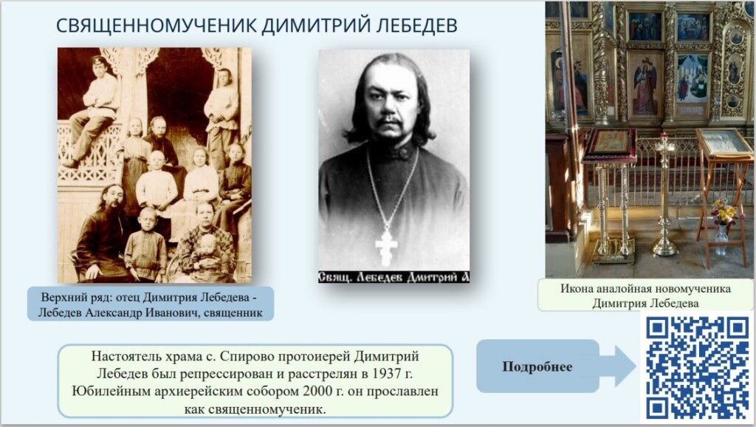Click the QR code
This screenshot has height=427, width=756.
[698, 368]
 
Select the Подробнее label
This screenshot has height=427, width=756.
[537, 366]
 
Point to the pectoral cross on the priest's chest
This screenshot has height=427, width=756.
[386, 247]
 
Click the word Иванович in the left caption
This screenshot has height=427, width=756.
[174, 313]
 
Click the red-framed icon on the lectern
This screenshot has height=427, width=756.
[610, 143]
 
